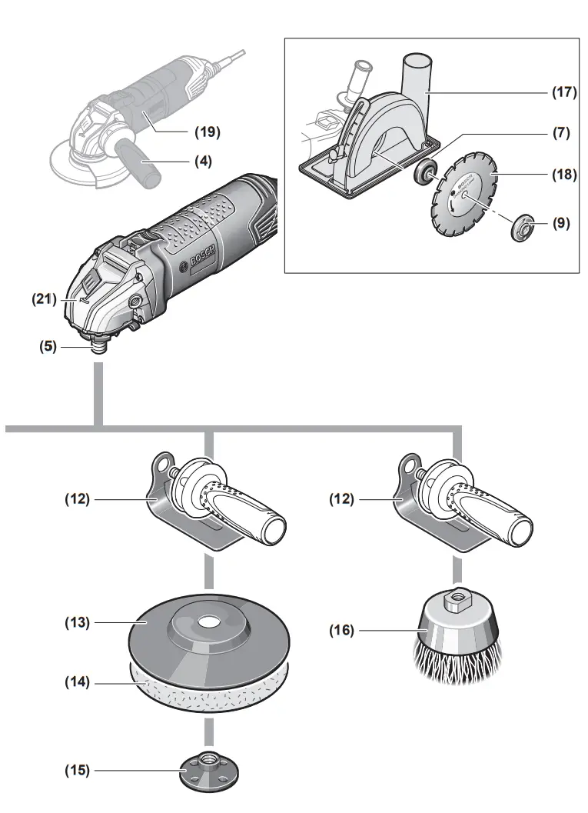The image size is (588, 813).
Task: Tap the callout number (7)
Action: [x=561, y=133]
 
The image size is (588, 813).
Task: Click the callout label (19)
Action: [x=206, y=132]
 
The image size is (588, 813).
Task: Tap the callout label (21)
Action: [x=43, y=299]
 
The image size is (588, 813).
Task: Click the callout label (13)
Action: [x=77, y=622]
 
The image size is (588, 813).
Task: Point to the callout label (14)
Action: [x=77, y=681]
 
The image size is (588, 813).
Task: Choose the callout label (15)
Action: [x=77, y=770]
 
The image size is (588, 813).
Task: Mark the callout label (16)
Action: [x=343, y=631]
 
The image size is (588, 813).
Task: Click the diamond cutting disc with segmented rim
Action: [x=463, y=193]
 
